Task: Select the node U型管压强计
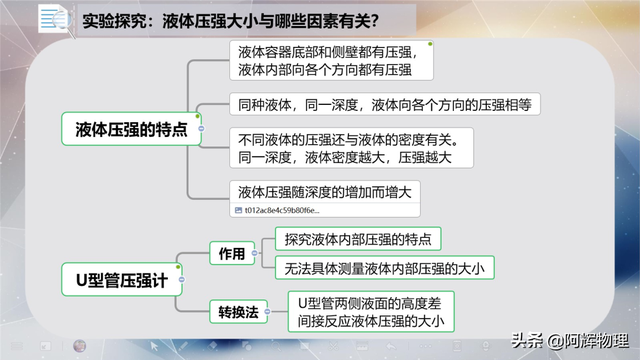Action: pyautogui.click(x=116, y=274)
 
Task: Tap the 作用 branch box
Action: pyautogui.click(x=232, y=254)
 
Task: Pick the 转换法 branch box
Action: pyautogui.click(x=238, y=312)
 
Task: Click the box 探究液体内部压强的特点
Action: pyautogui.click(x=357, y=240)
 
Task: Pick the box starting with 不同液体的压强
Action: pyautogui.click(x=355, y=147)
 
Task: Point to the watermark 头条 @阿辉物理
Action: pyautogui.click(x=579, y=340)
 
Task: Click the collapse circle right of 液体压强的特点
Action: pyautogui.click(x=203, y=130)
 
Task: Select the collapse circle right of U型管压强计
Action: pyautogui.click(x=180, y=274)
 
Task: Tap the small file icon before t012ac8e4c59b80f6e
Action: pyautogui.click(x=237, y=211)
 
